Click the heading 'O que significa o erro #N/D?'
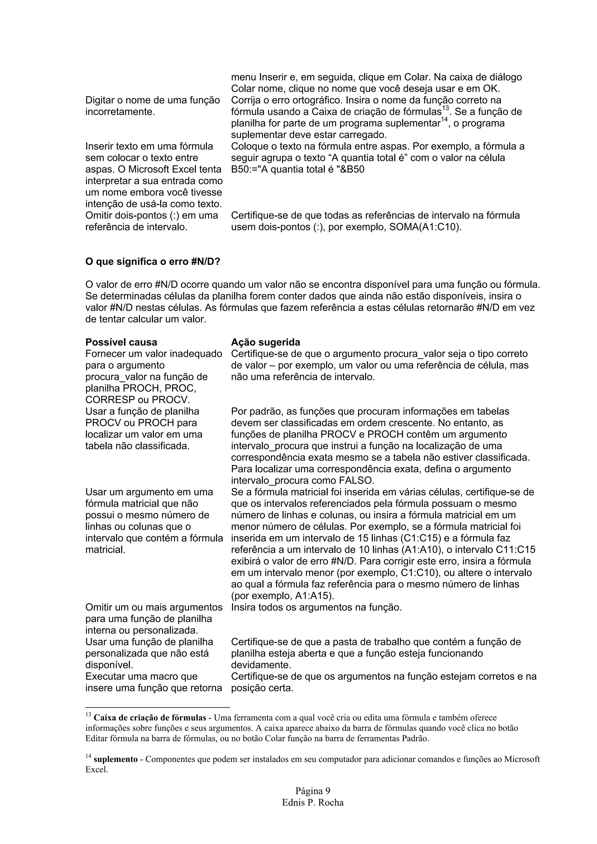click(x=153, y=262)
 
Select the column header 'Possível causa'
click(x=121, y=342)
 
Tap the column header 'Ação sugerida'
click(x=265, y=342)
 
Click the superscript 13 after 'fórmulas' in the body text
click(x=445, y=108)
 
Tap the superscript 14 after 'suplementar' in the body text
click(x=444, y=119)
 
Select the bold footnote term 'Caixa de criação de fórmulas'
click(x=150, y=718)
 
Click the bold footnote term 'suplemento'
click(x=115, y=759)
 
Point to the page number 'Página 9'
click(x=313, y=791)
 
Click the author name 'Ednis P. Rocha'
click(x=313, y=802)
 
